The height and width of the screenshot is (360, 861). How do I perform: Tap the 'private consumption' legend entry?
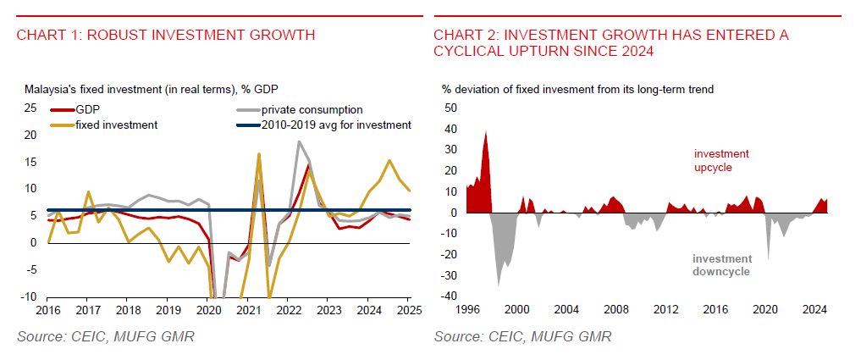click(312, 109)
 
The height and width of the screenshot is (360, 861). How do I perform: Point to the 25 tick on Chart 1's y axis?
click(30, 108)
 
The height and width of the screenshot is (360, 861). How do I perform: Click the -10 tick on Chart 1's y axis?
click(28, 296)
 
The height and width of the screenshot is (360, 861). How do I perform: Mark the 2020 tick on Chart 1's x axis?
click(207, 311)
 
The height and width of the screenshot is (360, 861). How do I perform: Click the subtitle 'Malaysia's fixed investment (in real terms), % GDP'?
click(152, 88)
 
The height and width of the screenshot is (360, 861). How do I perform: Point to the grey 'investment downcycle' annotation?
click(721, 264)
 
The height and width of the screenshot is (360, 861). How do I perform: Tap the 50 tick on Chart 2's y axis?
click(450, 108)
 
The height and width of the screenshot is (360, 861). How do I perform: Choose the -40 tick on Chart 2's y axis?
click(449, 296)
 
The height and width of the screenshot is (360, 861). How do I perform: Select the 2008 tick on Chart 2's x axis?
click(615, 311)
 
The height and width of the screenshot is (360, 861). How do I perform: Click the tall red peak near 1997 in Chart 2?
click(486, 136)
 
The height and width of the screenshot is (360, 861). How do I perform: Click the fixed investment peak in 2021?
click(258, 154)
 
